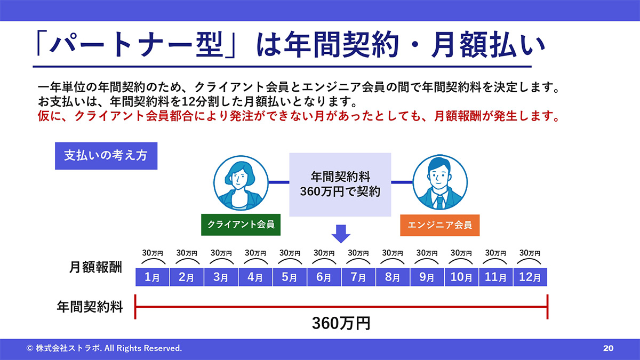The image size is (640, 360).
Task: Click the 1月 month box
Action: coord(153,277)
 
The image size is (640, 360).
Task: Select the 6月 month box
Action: coord(324,277)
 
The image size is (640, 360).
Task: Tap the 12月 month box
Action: coord(530,277)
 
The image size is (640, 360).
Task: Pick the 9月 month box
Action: coord(427,277)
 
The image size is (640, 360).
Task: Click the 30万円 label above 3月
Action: coord(221,253)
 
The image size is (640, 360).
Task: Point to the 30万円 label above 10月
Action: coord(461,253)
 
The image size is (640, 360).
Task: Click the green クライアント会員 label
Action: coord(241,225)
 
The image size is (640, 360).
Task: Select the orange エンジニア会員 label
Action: coord(439,225)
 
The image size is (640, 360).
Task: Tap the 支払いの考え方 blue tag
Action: coord(106,156)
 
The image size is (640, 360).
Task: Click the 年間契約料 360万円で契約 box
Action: coord(340,185)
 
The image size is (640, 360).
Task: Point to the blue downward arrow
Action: coord(341,234)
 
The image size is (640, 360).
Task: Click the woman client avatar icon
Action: coord(241,183)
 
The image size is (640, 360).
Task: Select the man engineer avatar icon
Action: coord(440,182)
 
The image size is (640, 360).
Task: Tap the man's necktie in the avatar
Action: coord(439,202)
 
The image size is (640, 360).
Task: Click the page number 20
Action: coord(609,348)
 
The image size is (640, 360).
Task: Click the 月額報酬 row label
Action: coord(95,267)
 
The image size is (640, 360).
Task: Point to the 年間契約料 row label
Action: coord(90,307)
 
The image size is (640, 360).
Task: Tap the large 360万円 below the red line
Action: coord(341,323)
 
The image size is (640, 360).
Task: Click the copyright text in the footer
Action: coord(104,348)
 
